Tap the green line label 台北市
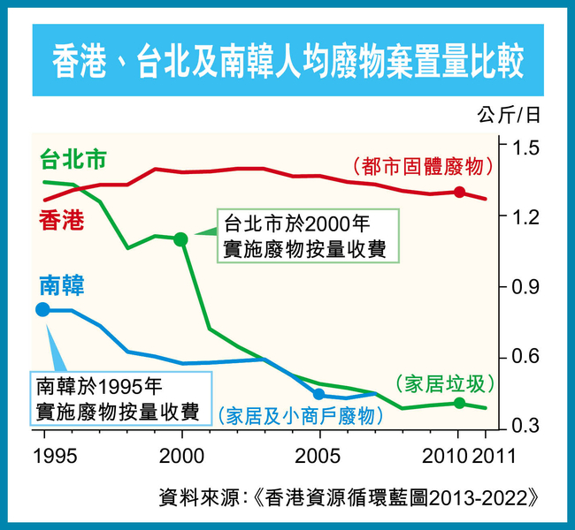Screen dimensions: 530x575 pos(74,160)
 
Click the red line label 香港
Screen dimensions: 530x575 pos(60,220)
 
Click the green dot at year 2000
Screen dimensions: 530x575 pos(181,238)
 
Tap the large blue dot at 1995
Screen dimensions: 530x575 pos(43,309)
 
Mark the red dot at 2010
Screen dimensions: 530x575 pos(459,193)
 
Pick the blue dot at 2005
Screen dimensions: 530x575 pos(319,394)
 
